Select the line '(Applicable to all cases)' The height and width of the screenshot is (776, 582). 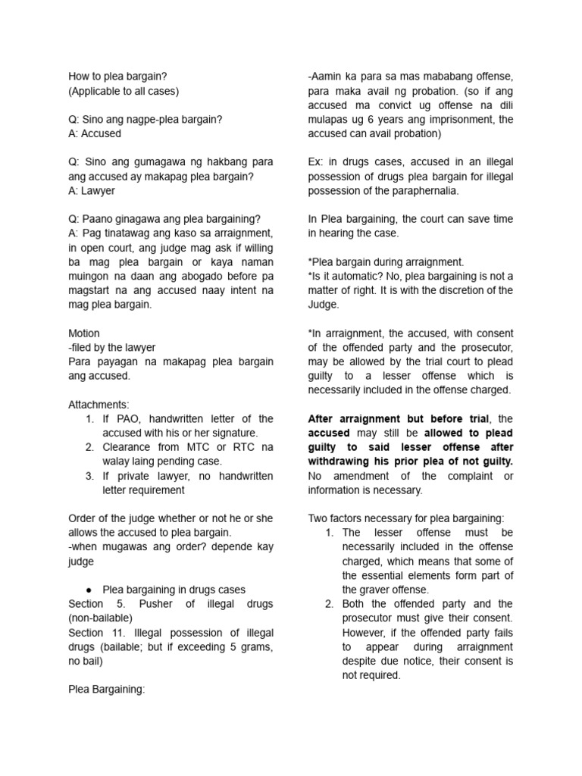click(x=124, y=91)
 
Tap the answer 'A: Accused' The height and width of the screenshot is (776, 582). click(x=95, y=133)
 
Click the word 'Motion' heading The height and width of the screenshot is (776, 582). click(x=84, y=333)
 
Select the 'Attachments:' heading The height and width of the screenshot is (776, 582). click(x=99, y=405)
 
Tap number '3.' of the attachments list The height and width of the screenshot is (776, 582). click(x=89, y=476)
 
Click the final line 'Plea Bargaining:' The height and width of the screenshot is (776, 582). click(x=106, y=690)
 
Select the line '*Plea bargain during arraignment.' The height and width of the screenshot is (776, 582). click(x=386, y=262)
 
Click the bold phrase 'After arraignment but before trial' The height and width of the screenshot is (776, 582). click(x=399, y=419)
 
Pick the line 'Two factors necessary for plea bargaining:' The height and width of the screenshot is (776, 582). click(x=405, y=518)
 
